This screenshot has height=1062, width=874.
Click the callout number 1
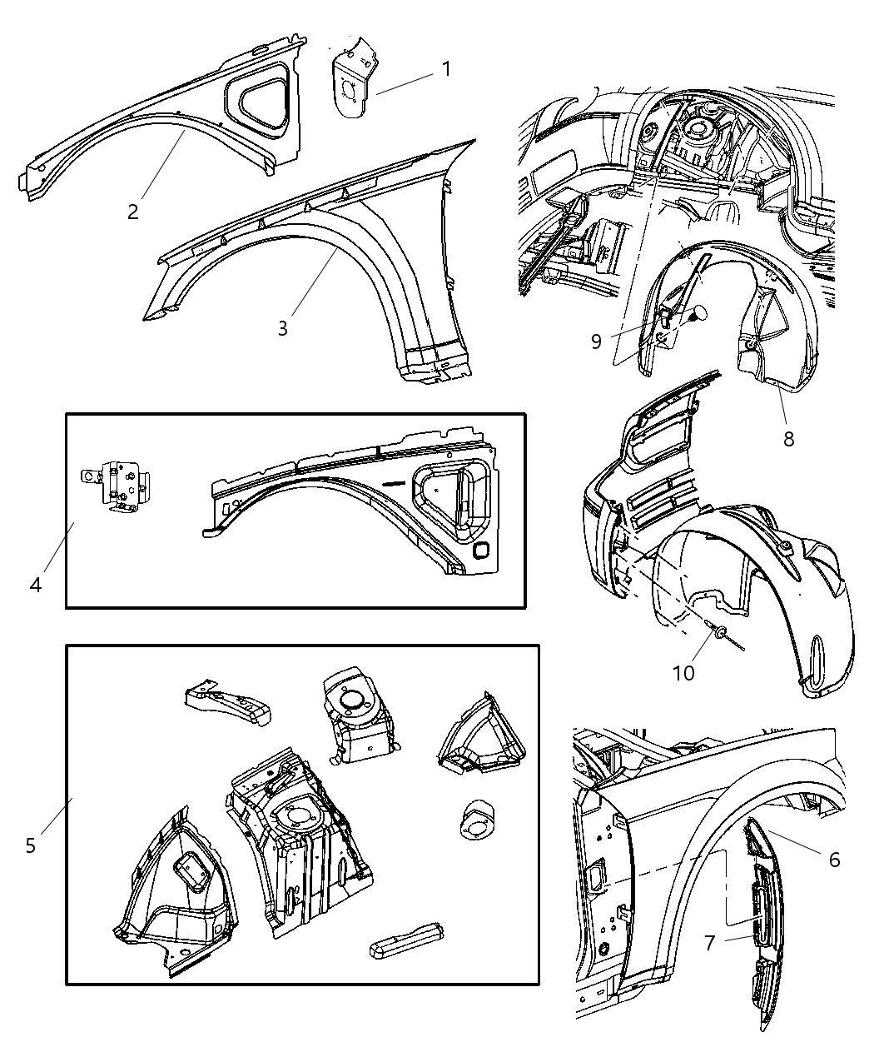point(446,68)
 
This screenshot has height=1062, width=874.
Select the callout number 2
point(133,212)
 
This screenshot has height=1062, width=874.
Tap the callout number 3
point(283,328)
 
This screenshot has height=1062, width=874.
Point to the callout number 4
point(35,585)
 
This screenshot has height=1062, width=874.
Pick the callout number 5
point(31,845)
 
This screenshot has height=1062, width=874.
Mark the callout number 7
point(709,943)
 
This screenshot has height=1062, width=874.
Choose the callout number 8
point(787,438)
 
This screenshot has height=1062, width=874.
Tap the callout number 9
point(596,342)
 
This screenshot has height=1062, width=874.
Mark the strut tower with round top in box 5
point(356,712)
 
